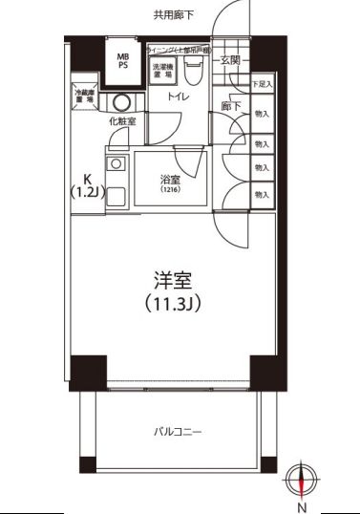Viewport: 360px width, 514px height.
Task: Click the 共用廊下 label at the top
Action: pyautogui.click(x=174, y=14)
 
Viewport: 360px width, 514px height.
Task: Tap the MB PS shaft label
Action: pyautogui.click(x=123, y=63)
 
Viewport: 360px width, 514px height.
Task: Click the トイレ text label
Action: pyautogui.click(x=178, y=97)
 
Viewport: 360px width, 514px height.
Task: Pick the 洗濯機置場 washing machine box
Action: pyautogui.click(x=161, y=70)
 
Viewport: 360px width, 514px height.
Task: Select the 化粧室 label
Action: pyautogui.click(x=121, y=121)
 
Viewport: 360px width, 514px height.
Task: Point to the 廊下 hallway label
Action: pyautogui.click(x=230, y=106)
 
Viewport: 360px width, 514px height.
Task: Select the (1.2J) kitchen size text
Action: pyautogui.click(x=86, y=192)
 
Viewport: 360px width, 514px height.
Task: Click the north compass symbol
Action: pyautogui.click(x=303, y=477)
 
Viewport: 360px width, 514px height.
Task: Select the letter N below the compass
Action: pyautogui.click(x=303, y=506)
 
